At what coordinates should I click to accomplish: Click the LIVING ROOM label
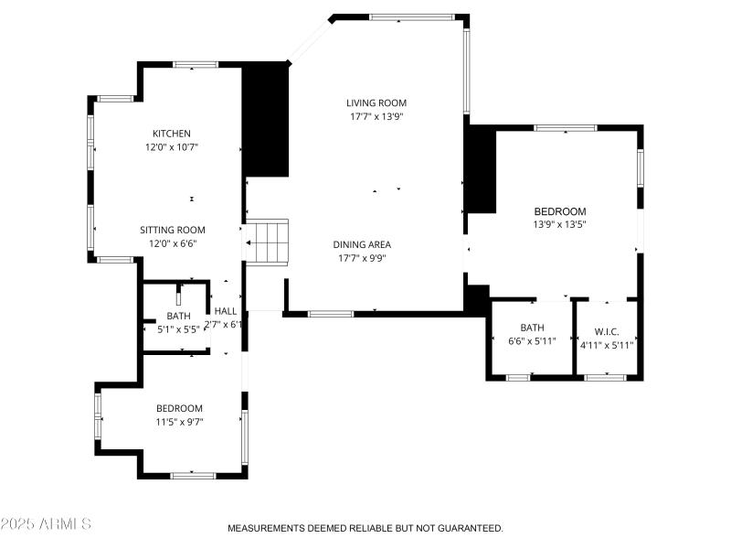pyautogui.click(x=376, y=103)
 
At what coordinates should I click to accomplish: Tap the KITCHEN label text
pyautogui.click(x=172, y=134)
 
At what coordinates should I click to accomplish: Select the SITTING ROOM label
pyautogui.click(x=172, y=230)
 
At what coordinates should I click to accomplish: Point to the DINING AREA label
pyautogui.click(x=362, y=244)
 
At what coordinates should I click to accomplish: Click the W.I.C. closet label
pyautogui.click(x=606, y=331)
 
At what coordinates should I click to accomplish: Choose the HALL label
pyautogui.click(x=226, y=311)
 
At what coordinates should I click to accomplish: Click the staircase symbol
pyautogui.click(x=270, y=242)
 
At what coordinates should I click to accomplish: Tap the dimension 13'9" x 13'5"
pyautogui.click(x=559, y=224)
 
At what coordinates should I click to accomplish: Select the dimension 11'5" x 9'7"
pyautogui.click(x=179, y=422)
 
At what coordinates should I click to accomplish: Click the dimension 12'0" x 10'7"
pyautogui.click(x=172, y=146)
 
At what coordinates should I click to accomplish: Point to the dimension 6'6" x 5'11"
pyautogui.click(x=532, y=341)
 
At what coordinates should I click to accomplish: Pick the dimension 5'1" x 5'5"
pyautogui.click(x=178, y=328)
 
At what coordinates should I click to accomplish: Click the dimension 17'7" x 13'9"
pyautogui.click(x=376, y=116)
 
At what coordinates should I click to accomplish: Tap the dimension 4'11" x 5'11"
pyautogui.click(x=607, y=345)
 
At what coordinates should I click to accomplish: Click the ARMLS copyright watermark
pyautogui.click(x=46, y=524)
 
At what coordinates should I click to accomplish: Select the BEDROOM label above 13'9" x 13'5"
pyautogui.click(x=559, y=211)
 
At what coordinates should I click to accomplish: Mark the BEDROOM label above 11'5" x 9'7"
pyautogui.click(x=179, y=408)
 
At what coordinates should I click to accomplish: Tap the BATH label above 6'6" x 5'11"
pyautogui.click(x=532, y=328)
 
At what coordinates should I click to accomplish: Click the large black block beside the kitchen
pyautogui.click(x=265, y=119)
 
